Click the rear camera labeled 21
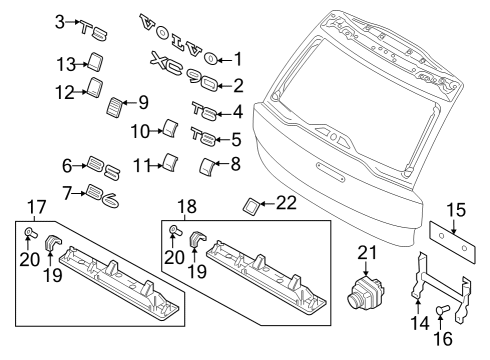coord(364,291)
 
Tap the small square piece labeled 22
coord(250,206)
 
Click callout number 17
coord(34,208)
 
